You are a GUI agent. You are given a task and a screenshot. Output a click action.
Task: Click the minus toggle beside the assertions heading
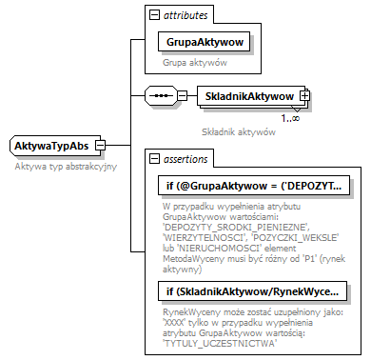click(153, 158)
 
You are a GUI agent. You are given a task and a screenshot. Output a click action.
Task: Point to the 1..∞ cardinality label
click(290, 118)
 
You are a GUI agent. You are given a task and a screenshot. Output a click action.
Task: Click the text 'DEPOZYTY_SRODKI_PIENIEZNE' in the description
click(229, 227)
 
